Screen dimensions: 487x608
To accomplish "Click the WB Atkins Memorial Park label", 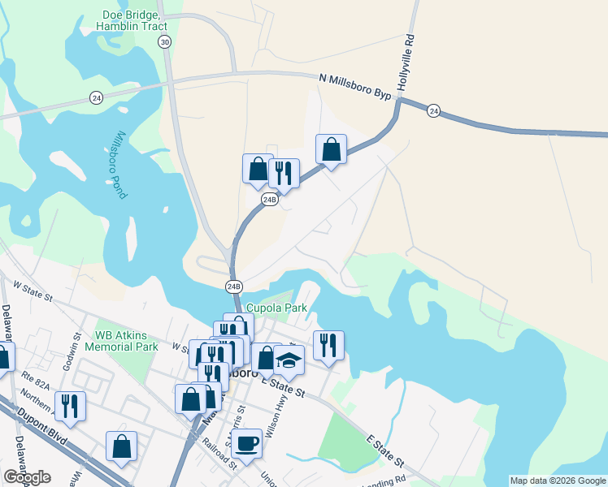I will pyautogui.click(x=126, y=340).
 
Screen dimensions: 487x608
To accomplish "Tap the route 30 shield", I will pyautogui.click(x=165, y=42).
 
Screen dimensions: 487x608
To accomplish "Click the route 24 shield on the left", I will pyautogui.click(x=96, y=97).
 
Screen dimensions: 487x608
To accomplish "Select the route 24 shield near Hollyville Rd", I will pyautogui.click(x=433, y=110).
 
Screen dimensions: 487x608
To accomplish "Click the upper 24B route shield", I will pyautogui.click(x=270, y=199).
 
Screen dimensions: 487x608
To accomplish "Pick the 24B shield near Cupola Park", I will pyautogui.click(x=234, y=286).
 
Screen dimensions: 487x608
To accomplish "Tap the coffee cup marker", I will pyautogui.click(x=246, y=443).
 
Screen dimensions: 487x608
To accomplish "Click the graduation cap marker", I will pyautogui.click(x=289, y=359).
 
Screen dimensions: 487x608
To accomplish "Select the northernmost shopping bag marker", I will pyautogui.click(x=331, y=149).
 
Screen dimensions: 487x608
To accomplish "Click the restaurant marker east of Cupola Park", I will pyautogui.click(x=328, y=344).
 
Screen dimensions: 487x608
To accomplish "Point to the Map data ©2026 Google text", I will pyautogui.click(x=558, y=481).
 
